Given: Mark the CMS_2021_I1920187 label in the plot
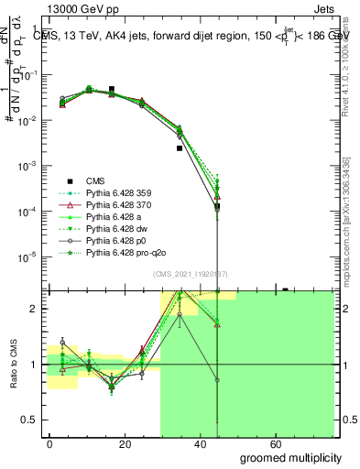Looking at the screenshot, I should click(x=190, y=274).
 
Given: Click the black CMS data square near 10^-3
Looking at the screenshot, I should click(x=180, y=147).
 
